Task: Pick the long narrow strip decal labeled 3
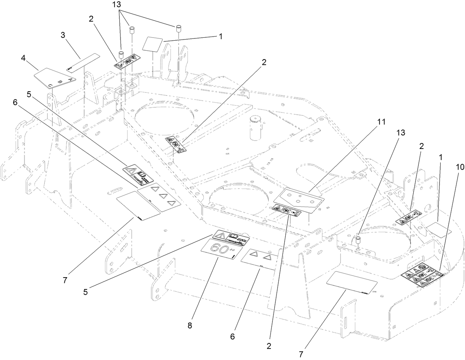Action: click(x=84, y=63)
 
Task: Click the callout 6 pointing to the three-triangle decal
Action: click(x=15, y=103)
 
